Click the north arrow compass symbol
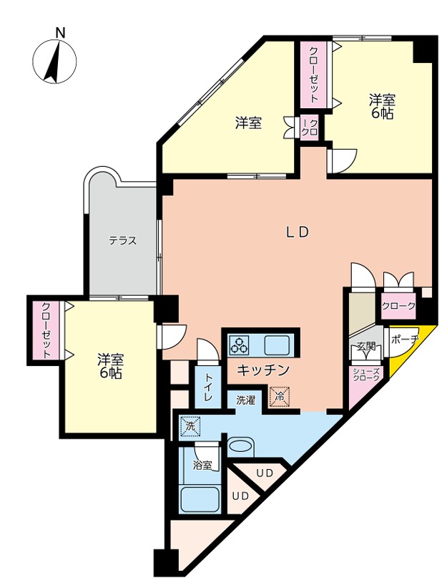click(x=55, y=61)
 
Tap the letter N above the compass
click(x=60, y=33)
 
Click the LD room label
click(x=298, y=232)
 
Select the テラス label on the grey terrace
click(x=122, y=241)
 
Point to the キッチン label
click(x=263, y=370)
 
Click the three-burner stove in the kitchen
click(x=239, y=345)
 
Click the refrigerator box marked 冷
click(x=280, y=397)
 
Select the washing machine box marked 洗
click(x=190, y=426)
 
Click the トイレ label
click(x=208, y=387)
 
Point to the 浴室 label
click(x=202, y=466)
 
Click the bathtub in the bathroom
click(x=200, y=498)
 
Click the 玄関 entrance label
click(x=366, y=347)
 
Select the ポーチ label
click(x=404, y=339)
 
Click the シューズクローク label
click(x=365, y=375)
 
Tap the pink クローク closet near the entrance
click(x=398, y=306)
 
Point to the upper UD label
click(x=265, y=473)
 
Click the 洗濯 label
click(x=245, y=400)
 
